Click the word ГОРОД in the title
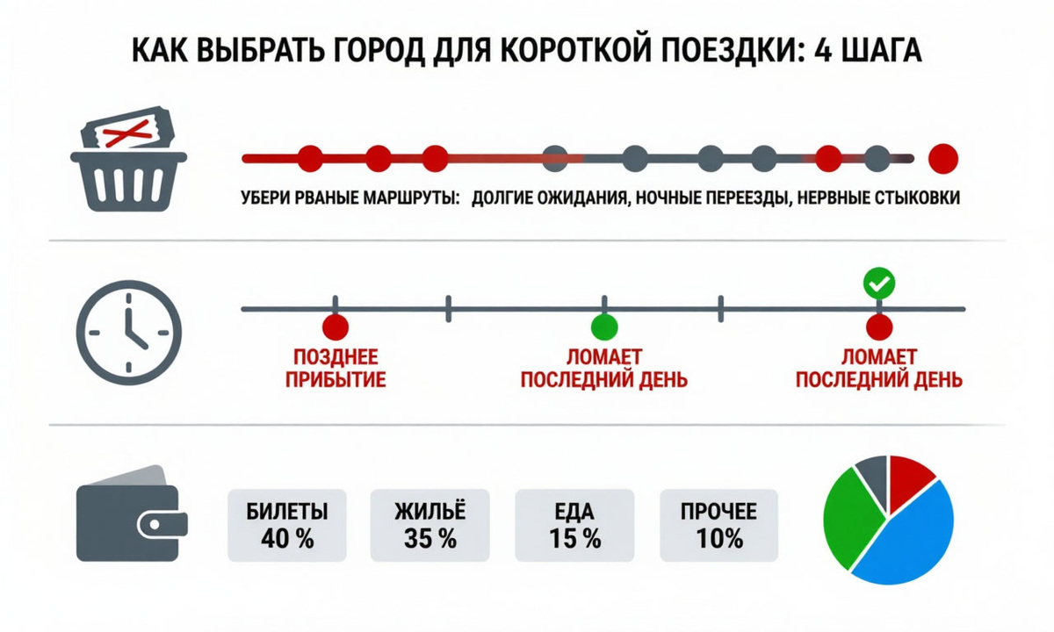(x=379, y=50)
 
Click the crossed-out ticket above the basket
(x=127, y=127)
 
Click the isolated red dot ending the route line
(x=943, y=159)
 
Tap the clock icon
(x=129, y=333)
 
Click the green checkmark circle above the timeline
(x=879, y=283)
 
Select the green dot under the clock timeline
(x=604, y=327)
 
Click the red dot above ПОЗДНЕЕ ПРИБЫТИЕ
(x=336, y=327)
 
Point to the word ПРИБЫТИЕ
(x=336, y=380)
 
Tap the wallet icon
(x=132, y=513)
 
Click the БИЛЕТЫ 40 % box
(x=287, y=525)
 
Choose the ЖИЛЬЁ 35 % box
(x=430, y=525)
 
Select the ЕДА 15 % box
(x=574, y=525)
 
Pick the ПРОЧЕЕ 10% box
(x=719, y=525)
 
